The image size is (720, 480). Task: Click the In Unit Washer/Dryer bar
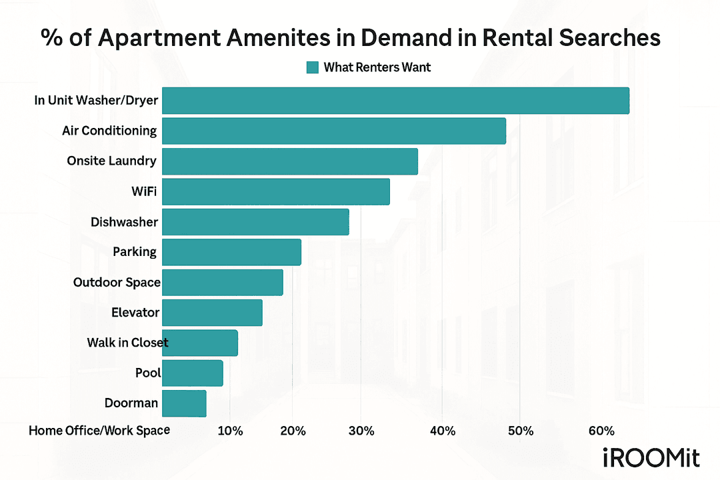[395, 101]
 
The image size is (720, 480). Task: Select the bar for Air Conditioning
[333, 131]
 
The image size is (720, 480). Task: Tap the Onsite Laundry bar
[289, 161]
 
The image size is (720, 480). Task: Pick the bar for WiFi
[275, 191]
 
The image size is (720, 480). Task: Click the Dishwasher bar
[255, 222]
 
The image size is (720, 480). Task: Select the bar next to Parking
[231, 252]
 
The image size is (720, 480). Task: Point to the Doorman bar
[184, 403]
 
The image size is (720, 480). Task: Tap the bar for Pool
[192, 373]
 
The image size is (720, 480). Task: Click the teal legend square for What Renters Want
[313, 67]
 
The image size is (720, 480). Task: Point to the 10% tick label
[230, 431]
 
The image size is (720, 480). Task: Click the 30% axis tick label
[361, 431]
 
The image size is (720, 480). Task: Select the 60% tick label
[601, 431]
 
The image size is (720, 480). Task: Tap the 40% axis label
[443, 431]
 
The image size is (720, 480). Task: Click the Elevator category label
[135, 312]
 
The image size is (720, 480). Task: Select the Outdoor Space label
[117, 283]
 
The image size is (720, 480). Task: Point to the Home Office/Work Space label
[99, 431]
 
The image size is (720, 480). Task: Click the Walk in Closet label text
[127, 343]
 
